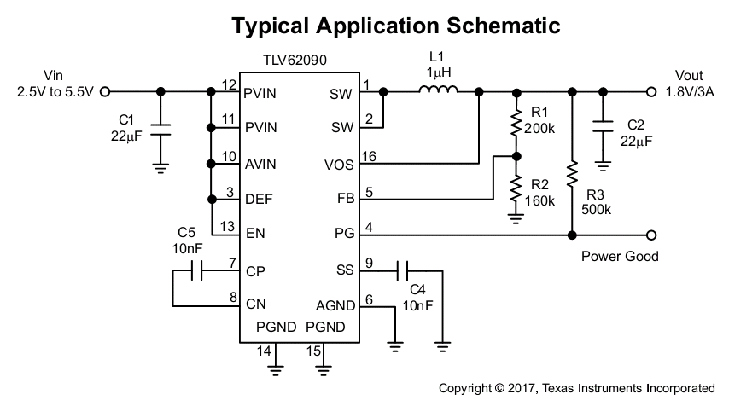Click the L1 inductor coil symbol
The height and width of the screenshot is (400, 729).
438,90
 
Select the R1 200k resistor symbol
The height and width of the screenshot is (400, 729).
516,123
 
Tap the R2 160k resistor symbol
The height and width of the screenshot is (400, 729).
516,189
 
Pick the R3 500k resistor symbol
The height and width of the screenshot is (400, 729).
572,174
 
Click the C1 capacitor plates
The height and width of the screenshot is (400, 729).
160,130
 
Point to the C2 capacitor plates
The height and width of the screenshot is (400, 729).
603,126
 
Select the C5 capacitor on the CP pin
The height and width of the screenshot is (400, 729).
196,271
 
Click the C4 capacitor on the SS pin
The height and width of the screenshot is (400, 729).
403,271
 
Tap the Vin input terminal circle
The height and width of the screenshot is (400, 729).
105,92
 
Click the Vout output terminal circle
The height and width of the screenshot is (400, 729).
651,92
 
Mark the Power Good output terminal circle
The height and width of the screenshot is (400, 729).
651,235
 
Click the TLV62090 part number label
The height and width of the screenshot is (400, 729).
295,61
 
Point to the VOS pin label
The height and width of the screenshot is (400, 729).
339,165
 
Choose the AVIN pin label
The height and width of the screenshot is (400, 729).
260,164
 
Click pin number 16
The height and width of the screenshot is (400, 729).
369,157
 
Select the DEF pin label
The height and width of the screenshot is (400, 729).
259,200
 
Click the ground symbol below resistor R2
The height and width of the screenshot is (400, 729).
516,218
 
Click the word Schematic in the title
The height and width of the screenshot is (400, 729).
504,26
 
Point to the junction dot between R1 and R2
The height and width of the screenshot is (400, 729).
516,157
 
